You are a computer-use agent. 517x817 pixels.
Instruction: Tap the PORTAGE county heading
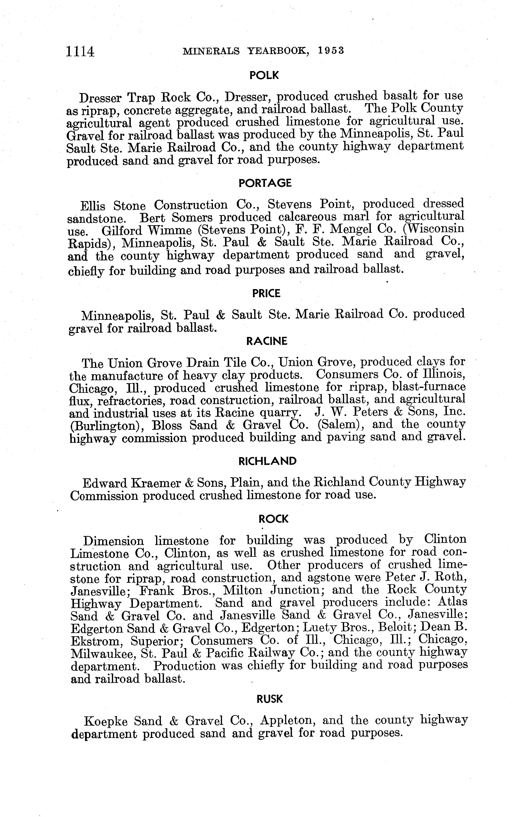tap(265, 183)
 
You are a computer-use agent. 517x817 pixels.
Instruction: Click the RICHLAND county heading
tap(268, 461)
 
